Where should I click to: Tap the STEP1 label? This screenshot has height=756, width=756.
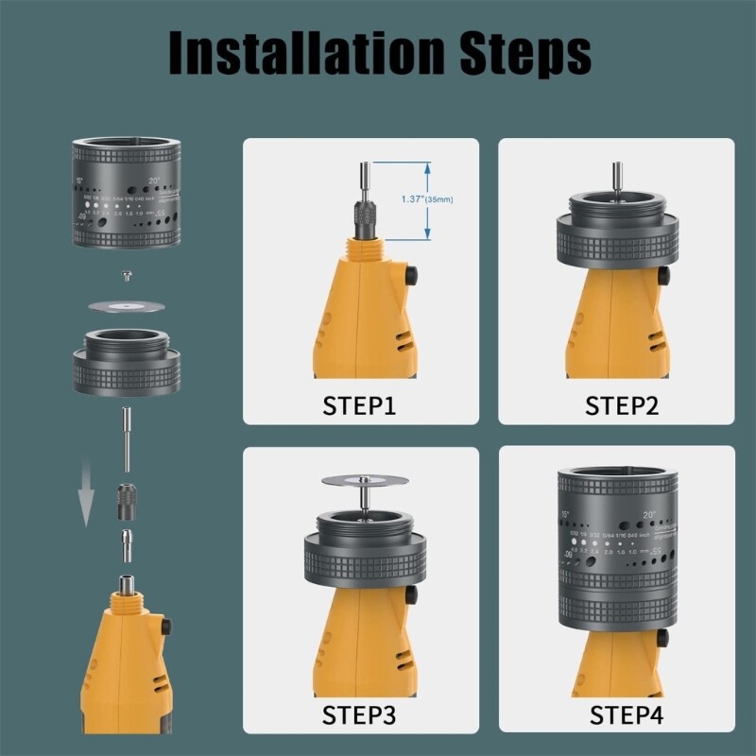[x=360, y=406]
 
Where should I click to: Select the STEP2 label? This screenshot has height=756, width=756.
[x=616, y=406]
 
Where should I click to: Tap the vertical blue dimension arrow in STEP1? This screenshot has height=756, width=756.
[x=428, y=199]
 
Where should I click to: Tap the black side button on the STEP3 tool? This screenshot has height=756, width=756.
[x=414, y=595]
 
